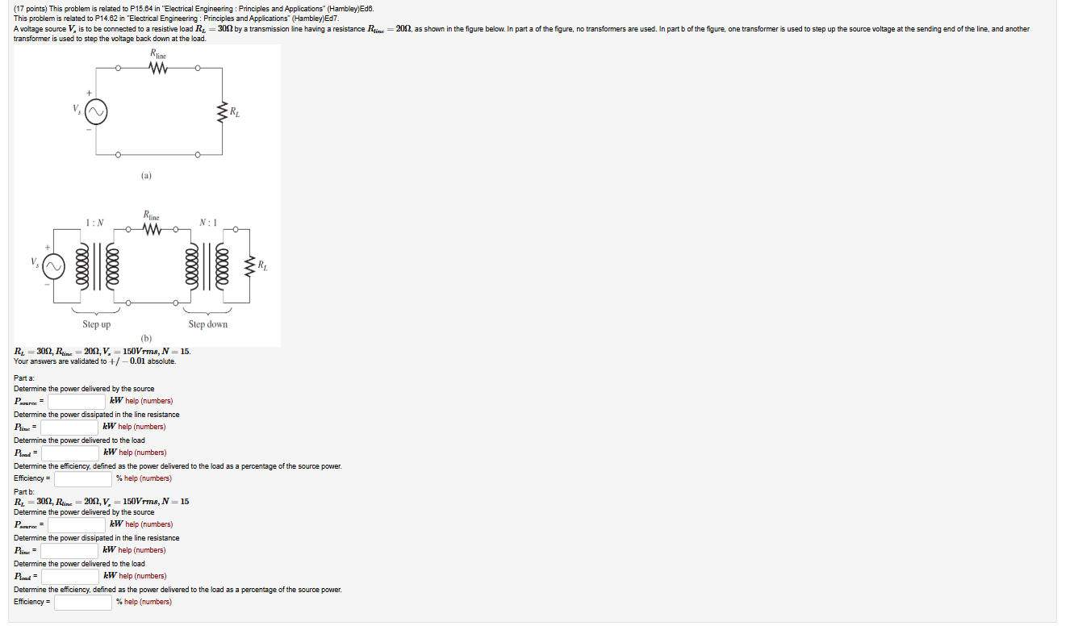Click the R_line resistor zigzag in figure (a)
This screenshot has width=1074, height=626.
pyautogui.click(x=157, y=69)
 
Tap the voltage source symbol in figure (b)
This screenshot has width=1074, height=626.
pyautogui.click(x=55, y=265)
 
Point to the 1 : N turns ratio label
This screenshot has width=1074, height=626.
pyautogui.click(x=94, y=223)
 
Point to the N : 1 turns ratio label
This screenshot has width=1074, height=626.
pyautogui.click(x=207, y=223)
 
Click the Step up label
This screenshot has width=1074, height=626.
pyautogui.click(x=96, y=324)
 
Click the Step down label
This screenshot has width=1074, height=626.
pyautogui.click(x=207, y=324)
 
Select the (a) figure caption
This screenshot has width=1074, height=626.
pyautogui.click(x=145, y=175)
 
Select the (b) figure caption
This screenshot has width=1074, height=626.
pyautogui.click(x=146, y=338)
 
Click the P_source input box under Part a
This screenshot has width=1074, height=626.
pyautogui.click(x=77, y=401)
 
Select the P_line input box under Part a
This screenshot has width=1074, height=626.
pyautogui.click(x=69, y=427)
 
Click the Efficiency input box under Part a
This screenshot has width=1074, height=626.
pyautogui.click(x=83, y=478)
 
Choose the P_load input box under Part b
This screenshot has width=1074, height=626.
pyautogui.click(x=71, y=576)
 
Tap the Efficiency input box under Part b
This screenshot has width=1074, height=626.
pyautogui.click(x=83, y=602)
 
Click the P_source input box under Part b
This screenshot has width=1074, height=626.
pyautogui.click(x=77, y=524)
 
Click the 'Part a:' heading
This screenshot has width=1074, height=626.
pyautogui.click(x=24, y=378)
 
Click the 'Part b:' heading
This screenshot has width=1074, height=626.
pyautogui.click(x=24, y=492)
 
